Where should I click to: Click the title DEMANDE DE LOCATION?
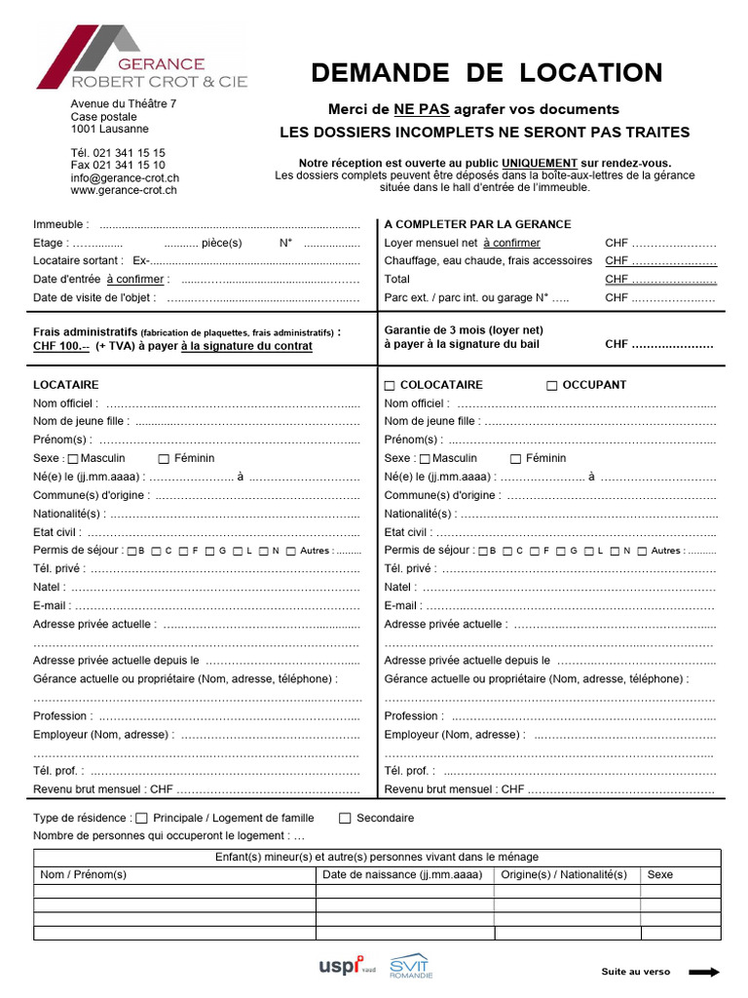pyautogui.click(x=486, y=73)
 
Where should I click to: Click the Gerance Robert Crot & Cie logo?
pyautogui.click(x=142, y=58)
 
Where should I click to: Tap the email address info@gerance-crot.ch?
pyautogui.click(x=125, y=178)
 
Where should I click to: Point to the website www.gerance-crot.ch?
pyautogui.click(x=124, y=191)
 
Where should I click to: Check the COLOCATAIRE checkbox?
pyautogui.click(x=390, y=386)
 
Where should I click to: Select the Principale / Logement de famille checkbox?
pyautogui.click(x=142, y=819)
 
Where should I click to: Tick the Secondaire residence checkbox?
pyautogui.click(x=345, y=819)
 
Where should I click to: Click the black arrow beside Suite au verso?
pyautogui.click(x=703, y=972)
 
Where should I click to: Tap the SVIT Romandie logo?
pyautogui.click(x=411, y=966)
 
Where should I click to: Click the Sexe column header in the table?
pyautogui.click(x=660, y=875)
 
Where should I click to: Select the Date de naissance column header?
pyautogui.click(x=403, y=875)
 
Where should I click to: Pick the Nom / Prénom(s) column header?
pyautogui.click(x=84, y=875)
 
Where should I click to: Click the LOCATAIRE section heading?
pyautogui.click(x=66, y=385)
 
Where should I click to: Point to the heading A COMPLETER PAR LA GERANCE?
pyautogui.click(x=478, y=224)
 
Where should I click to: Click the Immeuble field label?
pyautogui.click(x=61, y=224)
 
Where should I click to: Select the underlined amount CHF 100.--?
pyautogui.click(x=61, y=346)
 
